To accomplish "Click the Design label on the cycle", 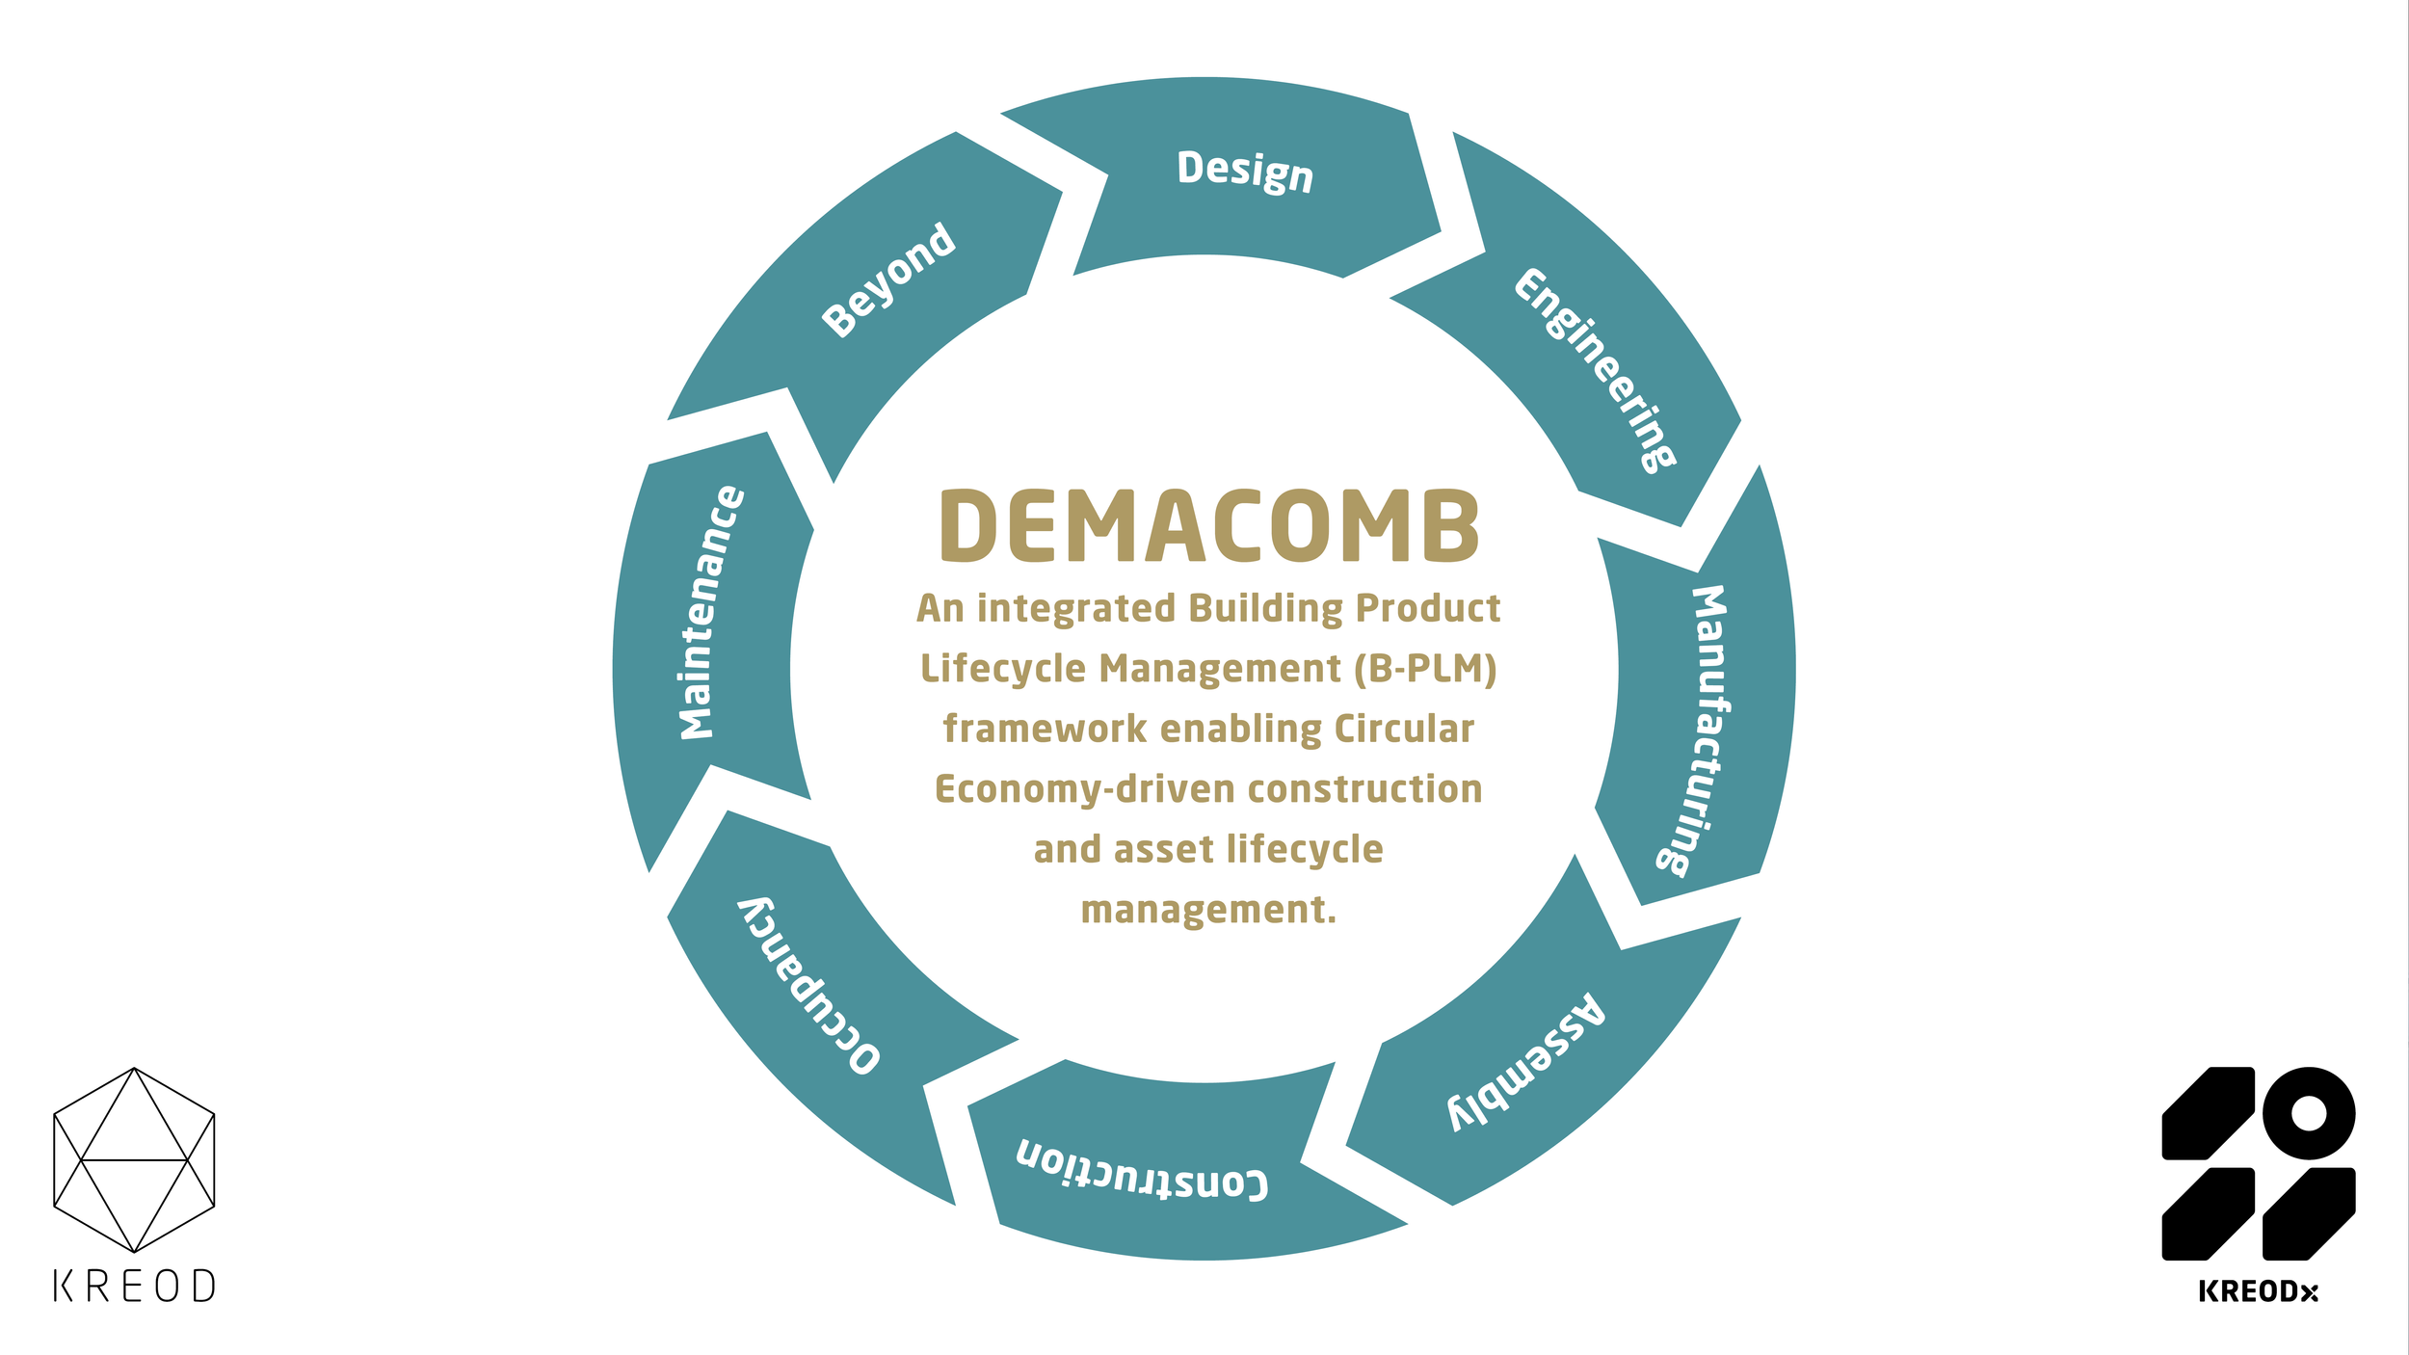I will (x=1245, y=172).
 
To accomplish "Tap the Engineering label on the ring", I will (x=1596, y=370).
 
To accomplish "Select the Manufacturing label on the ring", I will (x=1697, y=731).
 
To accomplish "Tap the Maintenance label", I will (x=711, y=613).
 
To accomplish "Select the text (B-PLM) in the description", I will (x=1425, y=669).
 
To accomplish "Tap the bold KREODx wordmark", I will (x=2258, y=1292).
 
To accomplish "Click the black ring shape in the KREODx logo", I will (x=2309, y=1114).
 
